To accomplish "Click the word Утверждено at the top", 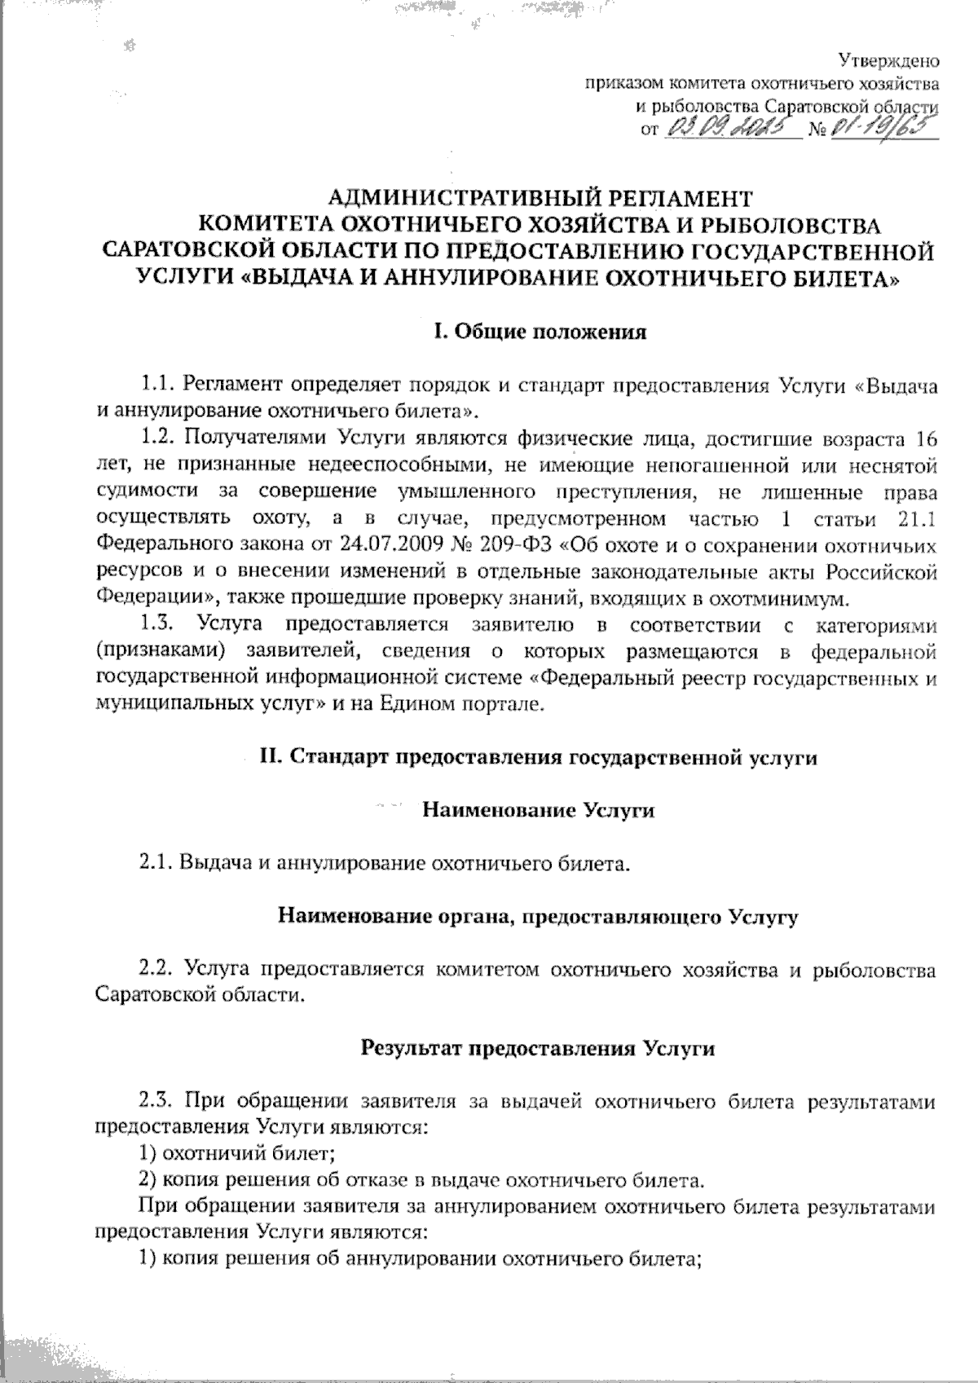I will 888,59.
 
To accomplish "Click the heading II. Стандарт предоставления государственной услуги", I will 538,757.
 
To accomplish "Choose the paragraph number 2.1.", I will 156,863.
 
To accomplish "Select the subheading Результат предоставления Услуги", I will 538,1049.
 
